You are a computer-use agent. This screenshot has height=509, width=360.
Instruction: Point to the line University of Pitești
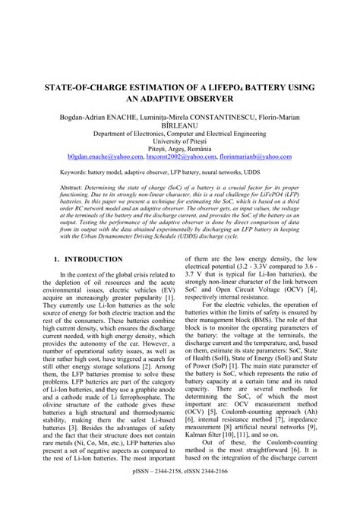[x=179, y=141]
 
